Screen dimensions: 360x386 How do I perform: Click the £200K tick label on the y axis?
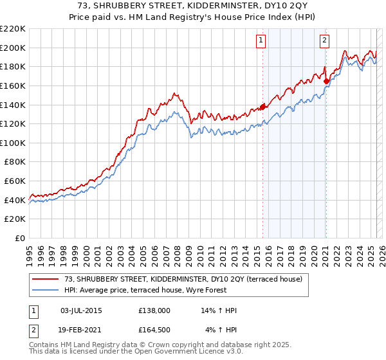(x=13, y=48)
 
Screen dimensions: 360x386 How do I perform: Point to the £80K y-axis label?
(x=15, y=162)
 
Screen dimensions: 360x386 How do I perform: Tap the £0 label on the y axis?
(x=20, y=239)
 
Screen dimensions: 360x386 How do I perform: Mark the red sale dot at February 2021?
(x=326, y=81)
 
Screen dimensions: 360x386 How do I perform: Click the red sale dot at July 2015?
(x=262, y=107)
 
